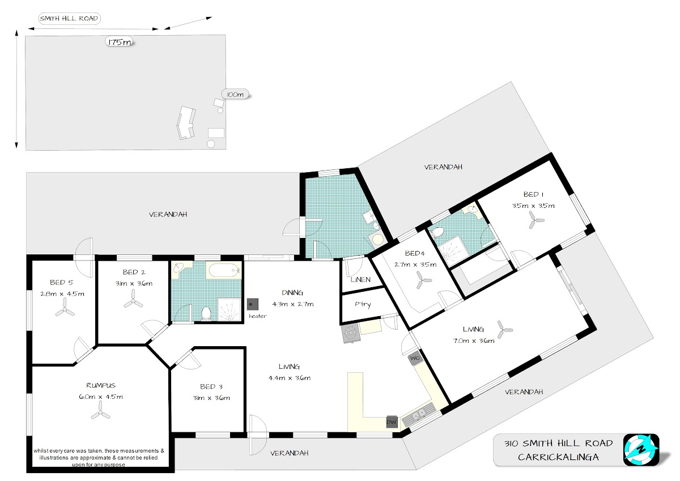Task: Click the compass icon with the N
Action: (641, 450)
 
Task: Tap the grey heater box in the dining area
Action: (253, 304)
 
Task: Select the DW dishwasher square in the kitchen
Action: (392, 422)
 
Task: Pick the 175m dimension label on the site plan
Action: (120, 42)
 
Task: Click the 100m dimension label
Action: (235, 95)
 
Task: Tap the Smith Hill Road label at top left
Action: (69, 19)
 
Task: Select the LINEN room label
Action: (360, 280)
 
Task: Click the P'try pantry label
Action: (363, 304)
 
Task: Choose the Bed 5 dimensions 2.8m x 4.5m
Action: (62, 294)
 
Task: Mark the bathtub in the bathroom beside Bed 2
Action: (223, 270)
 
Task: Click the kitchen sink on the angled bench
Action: (419, 414)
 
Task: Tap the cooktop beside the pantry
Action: (351, 334)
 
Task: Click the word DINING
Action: (292, 293)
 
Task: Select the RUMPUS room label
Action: (101, 385)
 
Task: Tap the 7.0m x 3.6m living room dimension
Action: (474, 340)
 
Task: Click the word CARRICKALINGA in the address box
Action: (558, 457)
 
